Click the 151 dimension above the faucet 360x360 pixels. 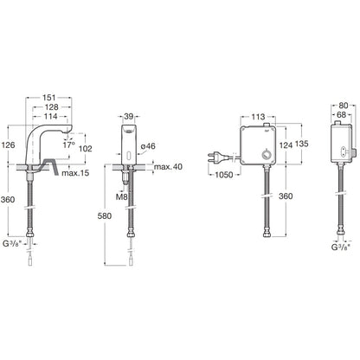pos(49,98)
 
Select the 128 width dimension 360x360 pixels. pos(52,107)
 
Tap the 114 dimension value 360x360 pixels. pos(51,116)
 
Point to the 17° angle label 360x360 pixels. pos(69,145)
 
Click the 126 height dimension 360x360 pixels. pos(8,145)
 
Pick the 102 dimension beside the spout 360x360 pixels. pos(85,149)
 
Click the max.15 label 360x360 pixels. pos(75,173)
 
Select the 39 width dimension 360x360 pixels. pos(129,116)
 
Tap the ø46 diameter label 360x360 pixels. pos(148,146)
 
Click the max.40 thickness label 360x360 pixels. pos(168,166)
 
